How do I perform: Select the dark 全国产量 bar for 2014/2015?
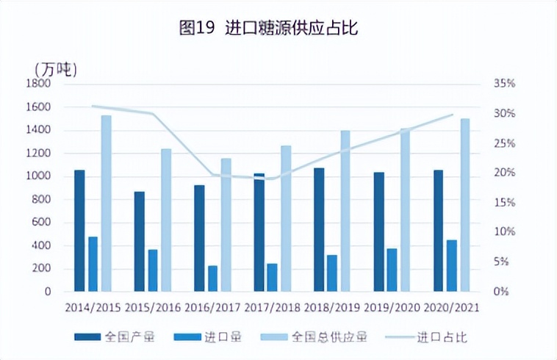(x=79, y=231)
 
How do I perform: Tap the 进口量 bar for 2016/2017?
(x=212, y=278)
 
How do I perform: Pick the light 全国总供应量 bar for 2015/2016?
(x=166, y=220)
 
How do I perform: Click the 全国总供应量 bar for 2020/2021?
(x=465, y=205)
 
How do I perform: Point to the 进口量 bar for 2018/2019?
(x=332, y=273)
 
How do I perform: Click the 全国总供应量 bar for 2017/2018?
(x=286, y=218)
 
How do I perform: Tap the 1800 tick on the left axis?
(x=37, y=84)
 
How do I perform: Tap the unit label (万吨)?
(x=55, y=69)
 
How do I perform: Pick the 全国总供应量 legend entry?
(x=329, y=337)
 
